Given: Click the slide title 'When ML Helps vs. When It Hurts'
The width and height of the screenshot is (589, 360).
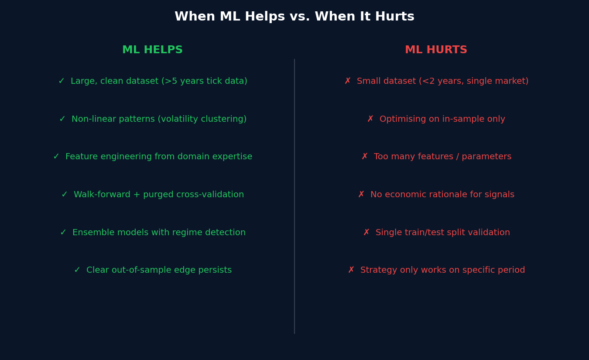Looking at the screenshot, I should (x=294, y=17).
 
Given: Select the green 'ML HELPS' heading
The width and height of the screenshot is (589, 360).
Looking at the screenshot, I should (x=152, y=50).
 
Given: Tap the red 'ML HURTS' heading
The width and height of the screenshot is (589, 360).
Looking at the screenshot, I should (x=436, y=50).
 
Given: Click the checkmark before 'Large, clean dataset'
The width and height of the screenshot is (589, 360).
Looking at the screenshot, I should (x=62, y=81).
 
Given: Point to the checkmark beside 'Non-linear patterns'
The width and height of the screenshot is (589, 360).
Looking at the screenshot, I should (x=62, y=119).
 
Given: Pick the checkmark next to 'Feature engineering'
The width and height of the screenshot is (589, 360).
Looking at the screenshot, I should (x=56, y=157).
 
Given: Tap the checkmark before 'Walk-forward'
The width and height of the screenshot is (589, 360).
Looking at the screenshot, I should (x=65, y=195).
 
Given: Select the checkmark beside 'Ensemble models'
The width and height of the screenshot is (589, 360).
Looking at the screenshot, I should (x=63, y=233).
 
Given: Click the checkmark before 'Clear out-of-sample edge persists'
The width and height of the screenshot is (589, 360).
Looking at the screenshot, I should (x=77, y=270).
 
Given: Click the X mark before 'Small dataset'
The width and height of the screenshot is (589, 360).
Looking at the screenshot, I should (x=348, y=81).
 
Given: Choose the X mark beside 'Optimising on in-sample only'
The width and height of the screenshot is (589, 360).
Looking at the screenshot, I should (x=370, y=119).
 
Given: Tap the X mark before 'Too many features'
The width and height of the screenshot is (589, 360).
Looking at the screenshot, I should (x=365, y=157).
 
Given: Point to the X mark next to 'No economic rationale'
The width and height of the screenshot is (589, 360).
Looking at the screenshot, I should (x=361, y=195).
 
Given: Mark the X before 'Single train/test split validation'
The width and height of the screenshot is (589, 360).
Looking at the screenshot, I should (x=366, y=233).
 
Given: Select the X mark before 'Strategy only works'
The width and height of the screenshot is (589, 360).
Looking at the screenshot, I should (x=351, y=270).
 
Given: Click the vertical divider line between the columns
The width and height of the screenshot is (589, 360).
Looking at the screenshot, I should (x=294, y=196).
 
